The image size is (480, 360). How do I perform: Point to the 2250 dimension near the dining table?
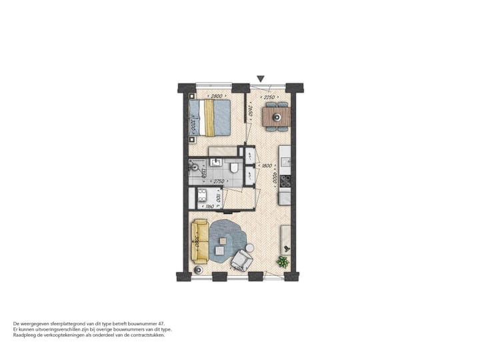click(x=269, y=97)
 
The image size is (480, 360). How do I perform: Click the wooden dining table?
click(x=276, y=117)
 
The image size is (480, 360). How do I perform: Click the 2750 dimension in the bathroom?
click(x=218, y=182)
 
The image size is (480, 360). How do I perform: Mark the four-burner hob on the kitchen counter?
click(x=285, y=180)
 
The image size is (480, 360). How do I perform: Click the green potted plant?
click(x=283, y=261)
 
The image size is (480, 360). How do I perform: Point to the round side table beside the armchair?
click(x=249, y=248)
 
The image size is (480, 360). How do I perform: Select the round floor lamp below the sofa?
click(x=198, y=269)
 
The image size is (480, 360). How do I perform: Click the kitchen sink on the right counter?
click(x=285, y=161)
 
